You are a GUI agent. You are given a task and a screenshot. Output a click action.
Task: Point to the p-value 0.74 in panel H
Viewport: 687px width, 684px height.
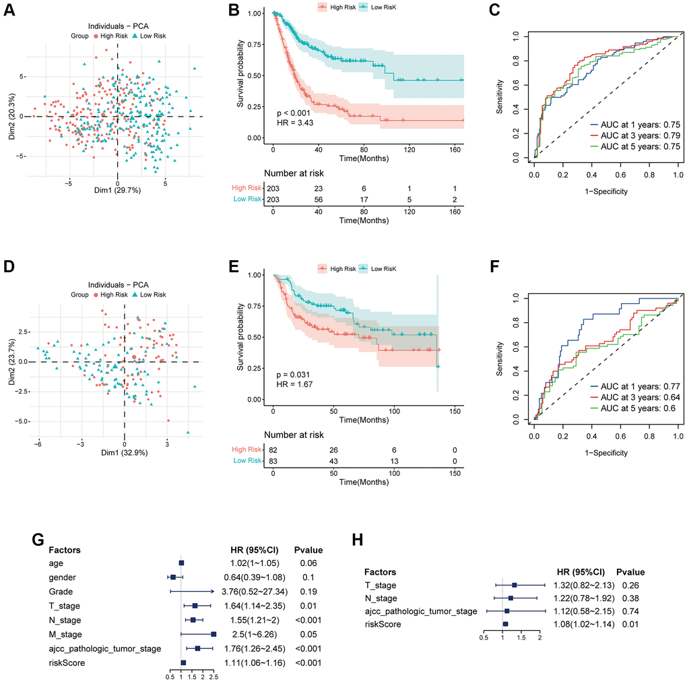630,611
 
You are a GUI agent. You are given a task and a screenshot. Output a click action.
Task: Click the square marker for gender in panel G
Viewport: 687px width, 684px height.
173,578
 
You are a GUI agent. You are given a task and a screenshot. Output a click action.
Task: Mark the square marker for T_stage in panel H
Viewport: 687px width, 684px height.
515,585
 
